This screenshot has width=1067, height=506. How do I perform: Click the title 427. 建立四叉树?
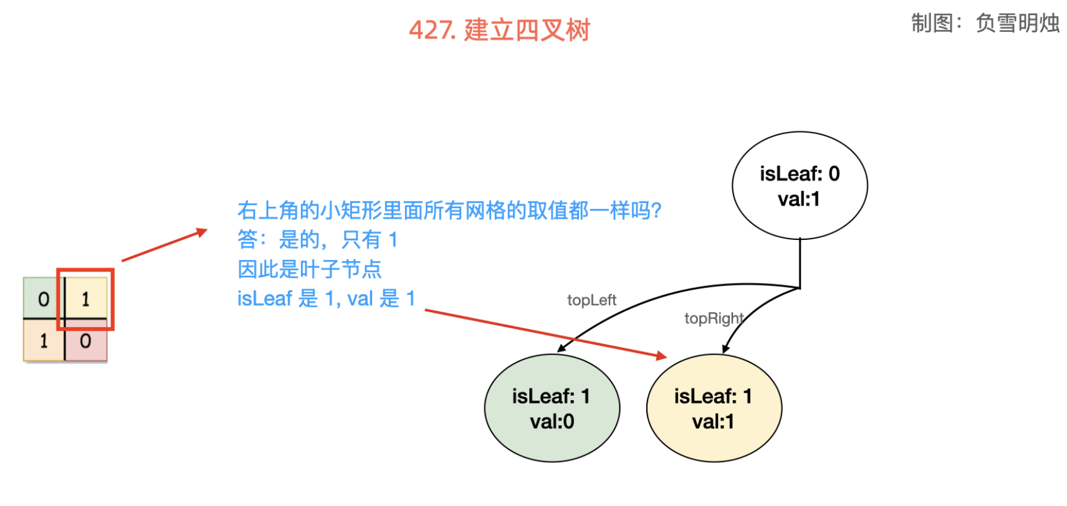point(499,30)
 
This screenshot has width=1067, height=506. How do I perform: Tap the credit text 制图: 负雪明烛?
point(985,23)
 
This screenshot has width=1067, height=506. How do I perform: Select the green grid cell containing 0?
point(43,299)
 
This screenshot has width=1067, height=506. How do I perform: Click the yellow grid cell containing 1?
point(86,299)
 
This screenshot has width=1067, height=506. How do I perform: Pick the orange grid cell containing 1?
point(43,341)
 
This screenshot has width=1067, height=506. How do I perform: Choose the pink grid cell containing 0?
point(86,341)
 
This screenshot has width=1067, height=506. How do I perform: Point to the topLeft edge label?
point(591,300)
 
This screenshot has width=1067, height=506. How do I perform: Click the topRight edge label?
point(714,318)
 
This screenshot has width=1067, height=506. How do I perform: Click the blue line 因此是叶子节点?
point(309,269)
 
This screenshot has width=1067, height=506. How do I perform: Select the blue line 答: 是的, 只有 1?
point(317,239)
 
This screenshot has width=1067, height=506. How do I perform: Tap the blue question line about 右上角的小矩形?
point(449,211)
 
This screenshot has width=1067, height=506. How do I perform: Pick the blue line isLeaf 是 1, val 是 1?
point(326,298)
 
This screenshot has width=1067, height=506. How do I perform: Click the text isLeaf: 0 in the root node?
point(800,174)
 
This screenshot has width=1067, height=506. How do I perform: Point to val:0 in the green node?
point(552,422)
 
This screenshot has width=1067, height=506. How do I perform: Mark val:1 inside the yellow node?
point(713,422)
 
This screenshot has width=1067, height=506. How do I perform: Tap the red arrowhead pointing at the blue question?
point(202,232)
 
